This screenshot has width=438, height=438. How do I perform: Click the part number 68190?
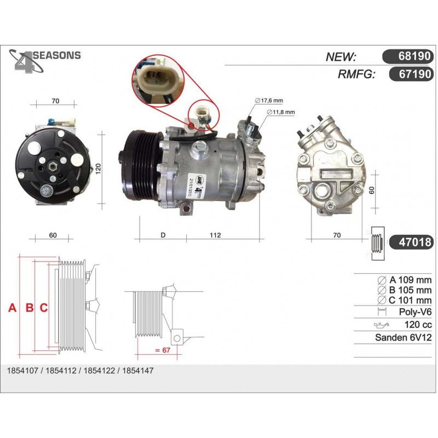click(x=414, y=56)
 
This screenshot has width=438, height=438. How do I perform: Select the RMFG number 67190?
click(x=415, y=74)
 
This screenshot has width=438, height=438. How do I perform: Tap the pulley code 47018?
click(x=415, y=242)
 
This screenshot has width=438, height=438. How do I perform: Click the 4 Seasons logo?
click(x=45, y=61)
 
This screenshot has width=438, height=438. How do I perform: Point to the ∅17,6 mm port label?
click(x=269, y=100)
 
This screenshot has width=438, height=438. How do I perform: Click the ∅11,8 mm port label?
click(x=281, y=112)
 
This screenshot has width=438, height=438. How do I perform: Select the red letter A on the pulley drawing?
click(x=12, y=308)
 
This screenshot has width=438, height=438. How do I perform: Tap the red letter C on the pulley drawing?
click(x=44, y=308)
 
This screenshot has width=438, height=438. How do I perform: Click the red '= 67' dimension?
click(x=163, y=350)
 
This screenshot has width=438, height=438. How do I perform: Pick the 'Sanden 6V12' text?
click(x=403, y=337)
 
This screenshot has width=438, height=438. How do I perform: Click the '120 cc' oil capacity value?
click(x=418, y=325)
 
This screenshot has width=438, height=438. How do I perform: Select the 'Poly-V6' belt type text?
click(x=416, y=312)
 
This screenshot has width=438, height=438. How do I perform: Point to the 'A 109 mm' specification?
click(x=410, y=280)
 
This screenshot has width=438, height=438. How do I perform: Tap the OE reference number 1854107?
click(x=22, y=371)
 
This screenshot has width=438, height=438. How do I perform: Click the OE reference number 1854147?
click(x=138, y=371)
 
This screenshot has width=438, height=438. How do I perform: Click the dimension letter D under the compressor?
click(x=163, y=235)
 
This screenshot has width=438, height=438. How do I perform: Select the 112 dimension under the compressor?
click(x=215, y=235)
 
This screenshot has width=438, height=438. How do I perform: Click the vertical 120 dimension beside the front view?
click(x=98, y=169)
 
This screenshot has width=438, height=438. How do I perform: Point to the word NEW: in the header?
click(x=341, y=57)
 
